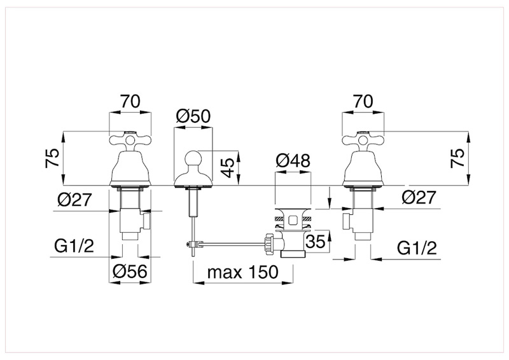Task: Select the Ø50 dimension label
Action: pyautogui.click(x=193, y=116)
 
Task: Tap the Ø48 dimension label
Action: pyautogui.click(x=293, y=162)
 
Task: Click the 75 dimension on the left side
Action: pyautogui.click(x=54, y=158)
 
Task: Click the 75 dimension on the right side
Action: pyautogui.click(x=456, y=158)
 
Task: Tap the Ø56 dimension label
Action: pyautogui.click(x=130, y=272)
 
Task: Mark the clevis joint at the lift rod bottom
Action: pyautogui.click(x=191, y=244)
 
